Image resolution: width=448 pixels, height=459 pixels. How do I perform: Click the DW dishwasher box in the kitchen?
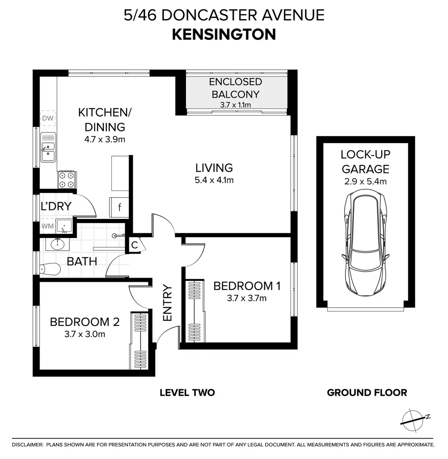point(48,118)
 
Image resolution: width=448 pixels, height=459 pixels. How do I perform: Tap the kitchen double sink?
point(48,147)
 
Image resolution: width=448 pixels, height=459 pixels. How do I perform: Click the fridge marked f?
point(120,207)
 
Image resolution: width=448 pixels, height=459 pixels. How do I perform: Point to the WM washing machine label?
point(48,226)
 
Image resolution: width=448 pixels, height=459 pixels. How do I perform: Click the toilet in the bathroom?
point(50,269)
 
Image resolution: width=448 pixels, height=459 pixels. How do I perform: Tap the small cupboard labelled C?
point(134,245)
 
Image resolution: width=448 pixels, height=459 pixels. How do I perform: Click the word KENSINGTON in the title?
point(224,34)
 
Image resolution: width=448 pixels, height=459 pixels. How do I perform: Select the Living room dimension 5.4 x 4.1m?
point(214,180)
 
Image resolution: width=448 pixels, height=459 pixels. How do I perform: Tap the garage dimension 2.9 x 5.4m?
point(365,182)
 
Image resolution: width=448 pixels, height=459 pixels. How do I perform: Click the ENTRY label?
point(167,303)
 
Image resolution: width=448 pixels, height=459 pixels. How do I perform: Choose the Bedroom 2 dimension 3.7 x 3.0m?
point(85,334)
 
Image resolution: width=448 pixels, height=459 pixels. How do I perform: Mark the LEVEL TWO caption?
point(187,393)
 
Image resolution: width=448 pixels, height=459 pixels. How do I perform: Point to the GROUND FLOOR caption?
point(367,393)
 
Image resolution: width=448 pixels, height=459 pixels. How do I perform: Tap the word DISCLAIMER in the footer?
point(28,445)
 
